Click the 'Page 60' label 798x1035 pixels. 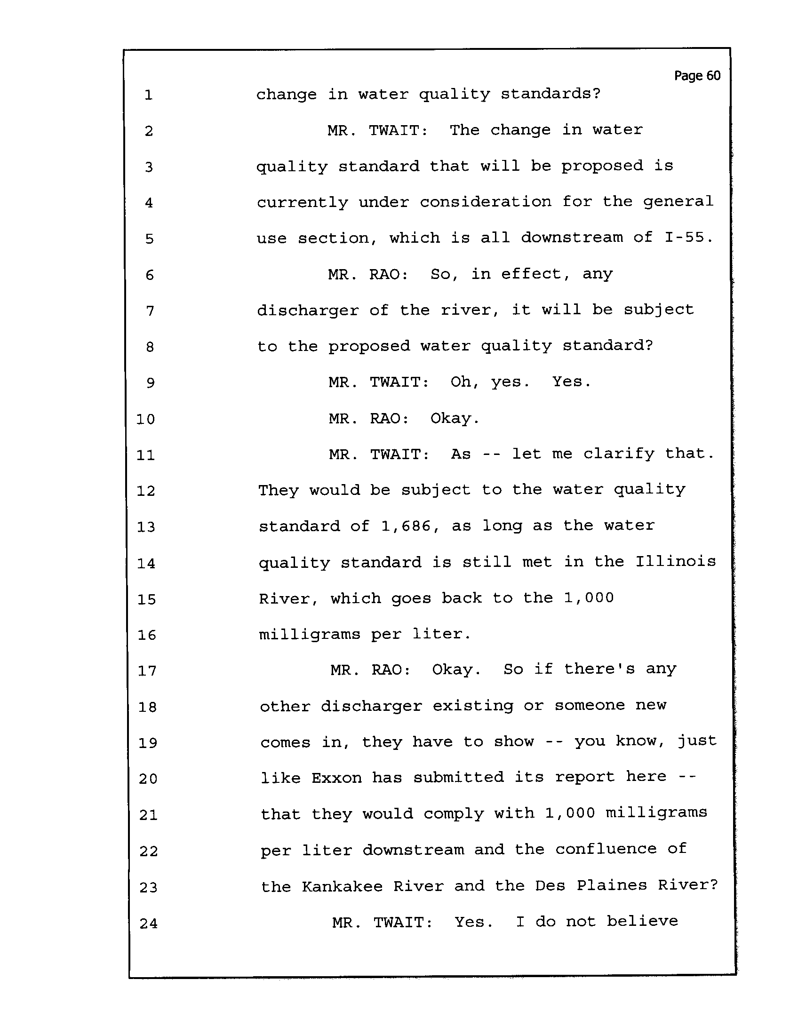tap(697, 76)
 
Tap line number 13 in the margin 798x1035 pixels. tap(146, 527)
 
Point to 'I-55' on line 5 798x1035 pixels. tap(689, 238)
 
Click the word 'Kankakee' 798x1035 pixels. tap(342, 886)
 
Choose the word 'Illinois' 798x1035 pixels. tap(675, 562)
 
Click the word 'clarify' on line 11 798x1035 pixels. tap(618, 454)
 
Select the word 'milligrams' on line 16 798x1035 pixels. tap(310, 635)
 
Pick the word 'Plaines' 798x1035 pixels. tap(612, 885)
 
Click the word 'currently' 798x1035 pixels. tap(303, 203)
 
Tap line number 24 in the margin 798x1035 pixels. tap(148, 923)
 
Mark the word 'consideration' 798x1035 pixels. tap(486, 202)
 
